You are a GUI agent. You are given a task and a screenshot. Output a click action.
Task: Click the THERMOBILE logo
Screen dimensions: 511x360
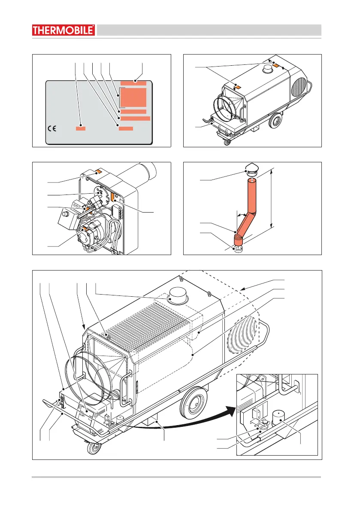pyautogui.click(x=64, y=30)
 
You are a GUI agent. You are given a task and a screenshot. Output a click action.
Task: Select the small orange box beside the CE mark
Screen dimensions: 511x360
pyautogui.click(x=81, y=128)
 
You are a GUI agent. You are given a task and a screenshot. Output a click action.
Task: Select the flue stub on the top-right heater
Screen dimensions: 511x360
pyautogui.click(x=269, y=67)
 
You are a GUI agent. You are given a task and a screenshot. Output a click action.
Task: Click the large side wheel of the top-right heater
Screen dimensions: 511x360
pyautogui.click(x=274, y=123)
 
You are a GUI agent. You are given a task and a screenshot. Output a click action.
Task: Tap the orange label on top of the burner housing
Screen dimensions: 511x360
pyautogui.click(x=98, y=171)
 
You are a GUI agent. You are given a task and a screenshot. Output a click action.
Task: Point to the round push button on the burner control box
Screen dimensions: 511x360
pyautogui.click(x=66, y=213)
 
